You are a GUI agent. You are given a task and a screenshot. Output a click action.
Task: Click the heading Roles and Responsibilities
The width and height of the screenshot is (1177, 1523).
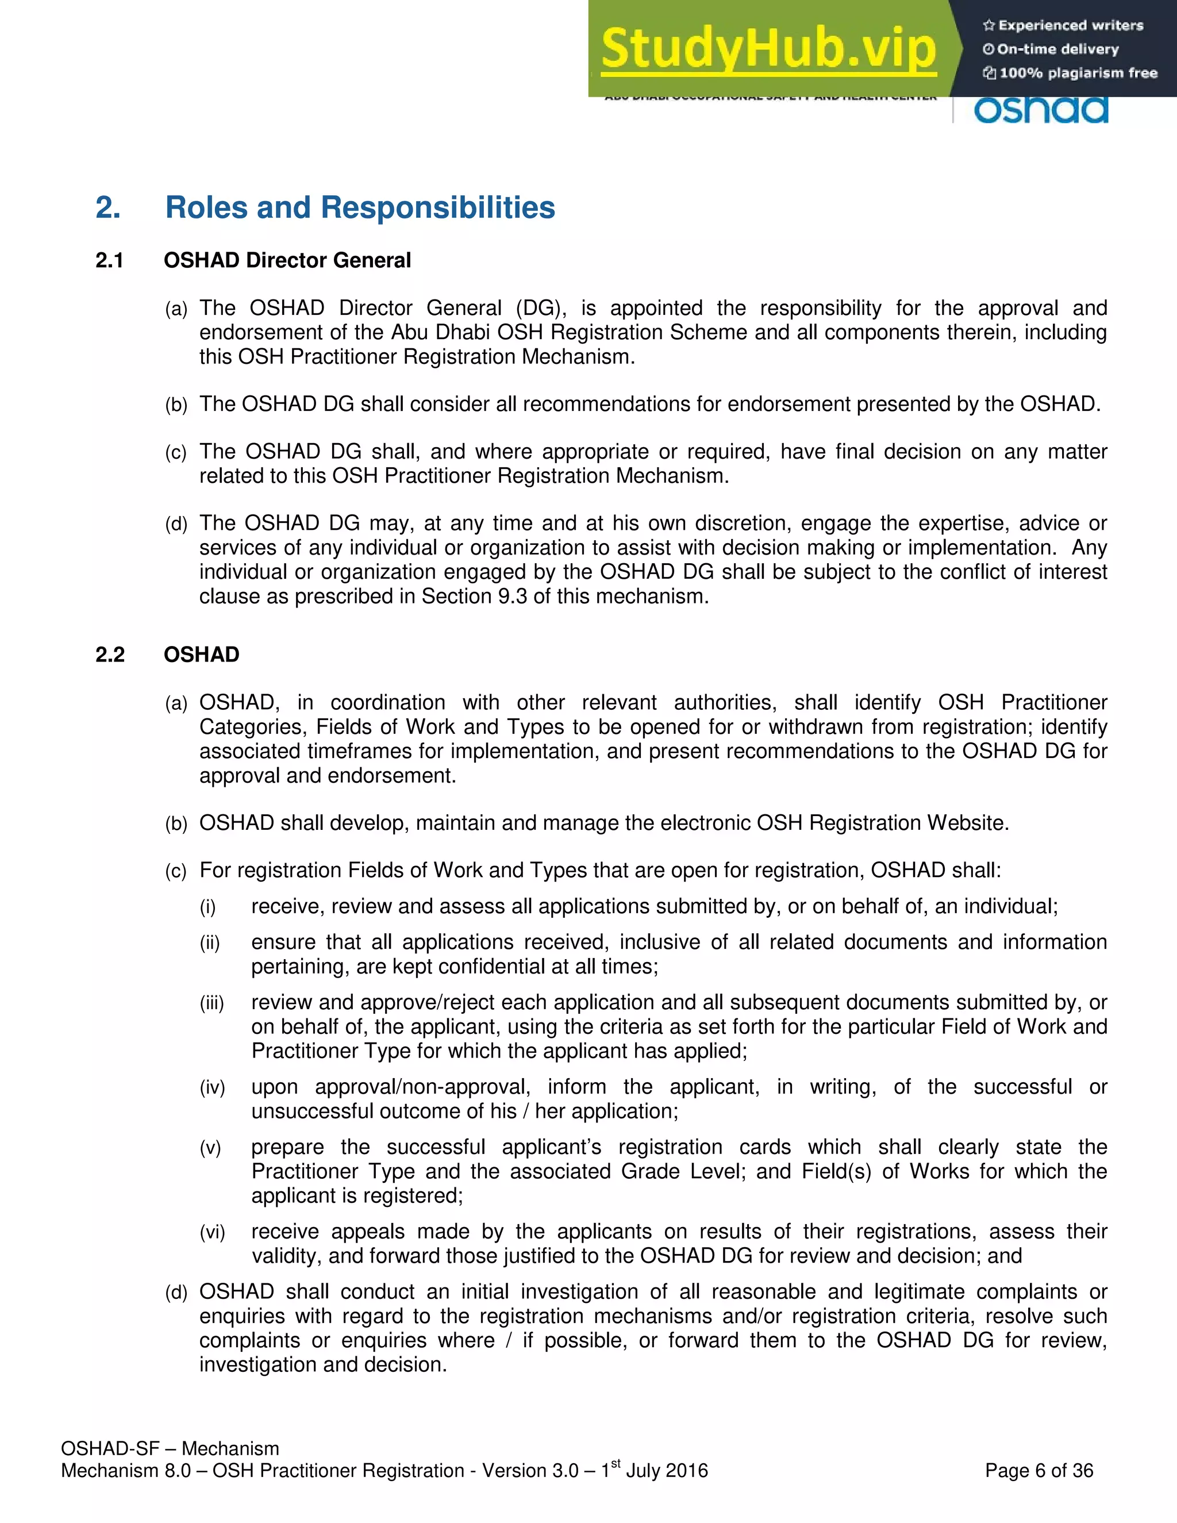click(x=360, y=208)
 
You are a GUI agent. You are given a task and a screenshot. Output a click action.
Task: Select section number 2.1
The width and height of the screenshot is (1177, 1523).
click(x=109, y=261)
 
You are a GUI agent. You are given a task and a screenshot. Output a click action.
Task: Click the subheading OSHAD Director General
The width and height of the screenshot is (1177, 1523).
click(x=287, y=261)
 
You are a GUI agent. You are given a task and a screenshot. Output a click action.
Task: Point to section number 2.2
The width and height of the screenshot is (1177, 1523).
click(x=109, y=655)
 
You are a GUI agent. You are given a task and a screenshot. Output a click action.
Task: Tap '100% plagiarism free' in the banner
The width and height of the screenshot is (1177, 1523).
click(x=1078, y=73)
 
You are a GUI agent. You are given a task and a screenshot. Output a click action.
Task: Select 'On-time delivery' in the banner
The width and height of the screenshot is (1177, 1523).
click(x=1058, y=49)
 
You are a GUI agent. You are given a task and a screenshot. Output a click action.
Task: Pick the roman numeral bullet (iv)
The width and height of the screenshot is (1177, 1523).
click(x=212, y=1088)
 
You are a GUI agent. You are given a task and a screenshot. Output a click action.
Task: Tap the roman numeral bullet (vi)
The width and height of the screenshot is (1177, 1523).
click(x=212, y=1232)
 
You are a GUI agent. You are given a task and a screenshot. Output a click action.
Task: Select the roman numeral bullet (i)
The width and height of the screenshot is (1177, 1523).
click(x=208, y=907)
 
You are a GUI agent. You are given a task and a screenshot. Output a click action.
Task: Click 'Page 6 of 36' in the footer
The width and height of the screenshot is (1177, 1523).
click(x=1039, y=1471)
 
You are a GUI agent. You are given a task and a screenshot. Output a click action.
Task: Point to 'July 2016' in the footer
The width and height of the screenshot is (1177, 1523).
click(x=667, y=1471)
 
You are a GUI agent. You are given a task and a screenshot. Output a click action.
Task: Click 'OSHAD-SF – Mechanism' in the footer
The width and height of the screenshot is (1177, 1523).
click(x=170, y=1449)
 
